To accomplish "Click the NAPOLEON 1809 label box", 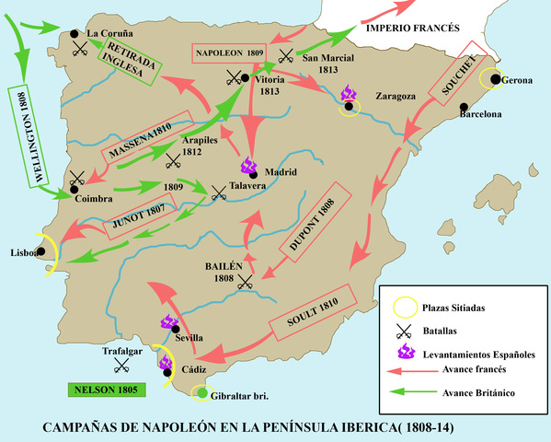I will [x=229, y=53].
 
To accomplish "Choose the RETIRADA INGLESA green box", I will [x=133, y=63].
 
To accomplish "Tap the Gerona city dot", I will [x=496, y=80].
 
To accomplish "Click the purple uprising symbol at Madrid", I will [x=248, y=167].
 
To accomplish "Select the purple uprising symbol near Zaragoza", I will [x=350, y=94].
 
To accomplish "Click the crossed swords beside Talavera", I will [x=219, y=192].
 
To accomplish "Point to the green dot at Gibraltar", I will [x=202, y=394].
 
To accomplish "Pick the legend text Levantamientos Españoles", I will [x=478, y=353].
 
